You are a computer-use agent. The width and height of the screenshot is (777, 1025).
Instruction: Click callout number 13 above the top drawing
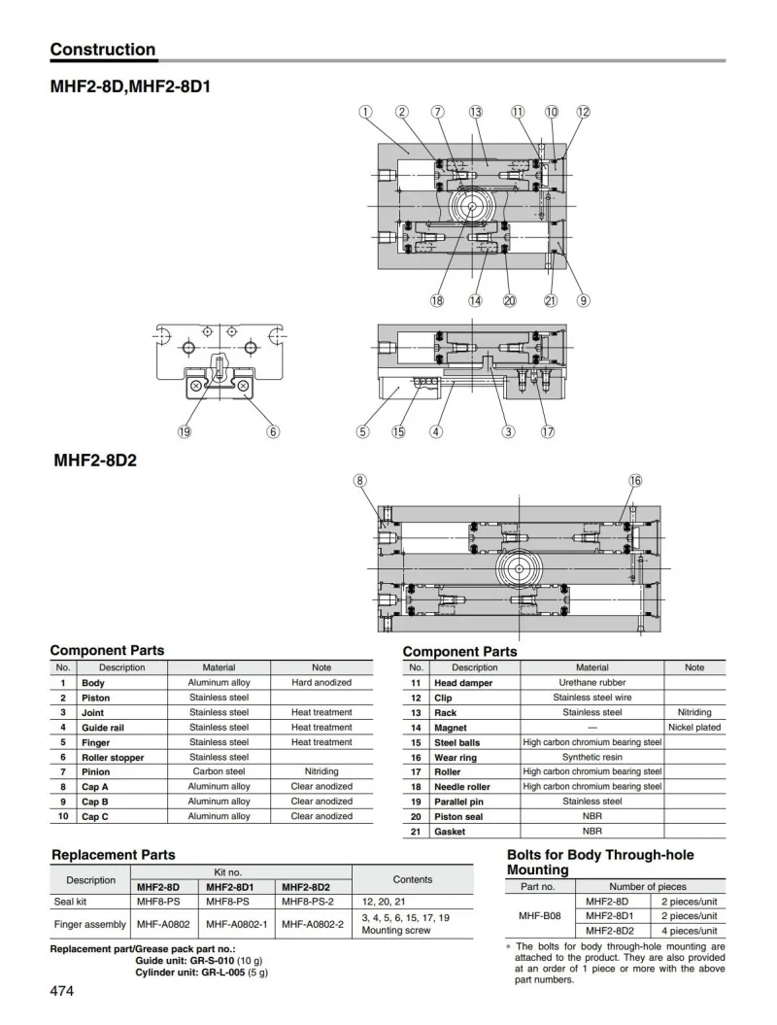pos(475,113)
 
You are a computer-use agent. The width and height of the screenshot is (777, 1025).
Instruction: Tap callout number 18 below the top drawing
pos(437,300)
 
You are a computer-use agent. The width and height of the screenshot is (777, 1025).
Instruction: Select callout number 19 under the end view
pos(185,432)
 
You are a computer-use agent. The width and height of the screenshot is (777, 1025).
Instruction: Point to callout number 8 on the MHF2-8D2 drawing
pos(360,480)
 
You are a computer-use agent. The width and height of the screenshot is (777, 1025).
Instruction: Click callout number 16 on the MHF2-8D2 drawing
pos(635,480)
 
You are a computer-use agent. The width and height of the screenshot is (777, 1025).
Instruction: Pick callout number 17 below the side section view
pos(548,432)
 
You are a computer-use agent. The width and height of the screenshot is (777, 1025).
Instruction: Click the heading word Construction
pos(102,50)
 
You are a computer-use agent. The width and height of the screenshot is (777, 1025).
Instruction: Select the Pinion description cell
pos(95,771)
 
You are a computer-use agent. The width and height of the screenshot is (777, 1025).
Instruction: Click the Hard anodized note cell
pos(321,683)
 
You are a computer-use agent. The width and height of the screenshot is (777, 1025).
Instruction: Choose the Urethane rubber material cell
pos(592,683)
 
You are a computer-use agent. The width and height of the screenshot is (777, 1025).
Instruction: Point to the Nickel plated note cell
pos(694,727)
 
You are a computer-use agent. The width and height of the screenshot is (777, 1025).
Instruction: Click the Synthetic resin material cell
pos(592,757)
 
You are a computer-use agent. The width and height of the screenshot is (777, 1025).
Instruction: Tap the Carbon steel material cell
pos(219,771)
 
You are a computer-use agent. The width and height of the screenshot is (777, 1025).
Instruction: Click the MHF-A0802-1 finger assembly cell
pos(239,924)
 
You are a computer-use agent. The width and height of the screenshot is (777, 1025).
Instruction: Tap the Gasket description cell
pos(450,831)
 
